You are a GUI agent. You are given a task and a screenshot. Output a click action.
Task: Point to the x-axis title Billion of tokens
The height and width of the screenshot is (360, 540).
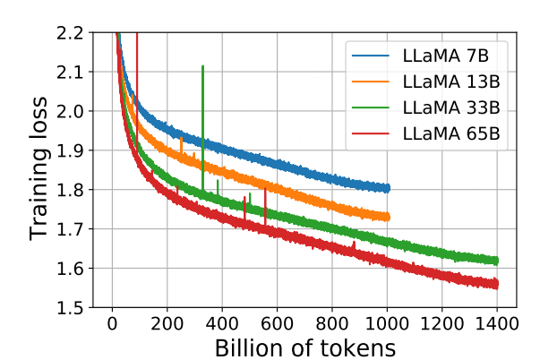(x=304, y=346)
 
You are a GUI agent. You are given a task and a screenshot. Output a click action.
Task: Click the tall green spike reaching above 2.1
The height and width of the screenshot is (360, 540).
(x=203, y=67)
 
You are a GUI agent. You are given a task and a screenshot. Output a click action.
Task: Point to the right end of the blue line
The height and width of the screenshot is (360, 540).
(x=389, y=188)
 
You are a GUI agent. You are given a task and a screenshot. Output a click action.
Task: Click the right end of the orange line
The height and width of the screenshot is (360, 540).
(x=389, y=216)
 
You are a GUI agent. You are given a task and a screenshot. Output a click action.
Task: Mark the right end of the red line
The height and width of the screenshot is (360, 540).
(x=497, y=284)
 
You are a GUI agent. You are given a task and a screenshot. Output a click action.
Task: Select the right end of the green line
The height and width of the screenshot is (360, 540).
(x=497, y=261)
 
